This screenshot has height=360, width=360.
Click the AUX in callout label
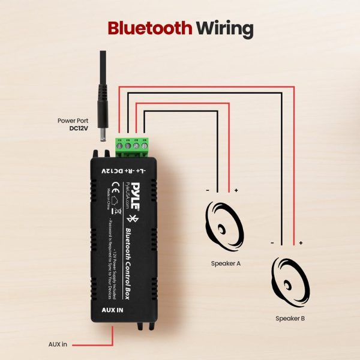tap(58, 344)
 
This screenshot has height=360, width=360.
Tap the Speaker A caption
tap(227, 263)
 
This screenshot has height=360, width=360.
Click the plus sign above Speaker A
tap(236, 190)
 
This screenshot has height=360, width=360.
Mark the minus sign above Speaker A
tap(207, 190)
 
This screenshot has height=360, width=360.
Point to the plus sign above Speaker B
tap(301, 243)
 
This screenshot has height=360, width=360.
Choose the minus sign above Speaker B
tap(272, 243)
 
